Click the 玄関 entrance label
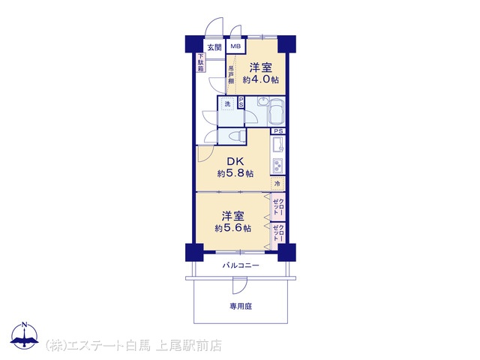coord(214,47)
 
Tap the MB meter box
coord(235,46)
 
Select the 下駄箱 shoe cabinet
coord(200,62)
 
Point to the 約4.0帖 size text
coord(260,80)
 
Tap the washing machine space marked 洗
coord(227,103)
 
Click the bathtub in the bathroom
coord(276,112)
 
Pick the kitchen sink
coord(277,145)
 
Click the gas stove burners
coord(277,166)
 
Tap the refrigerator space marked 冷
coord(277,184)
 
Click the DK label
coord(235,161)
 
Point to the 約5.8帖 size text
coord(235,173)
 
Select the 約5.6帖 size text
coord(233,228)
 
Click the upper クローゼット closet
coord(278,207)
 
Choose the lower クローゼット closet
coord(278,233)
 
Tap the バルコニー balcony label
coord(241,265)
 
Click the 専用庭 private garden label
coord(241,306)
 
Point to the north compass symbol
coord(25,335)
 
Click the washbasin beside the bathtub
coord(262,101)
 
